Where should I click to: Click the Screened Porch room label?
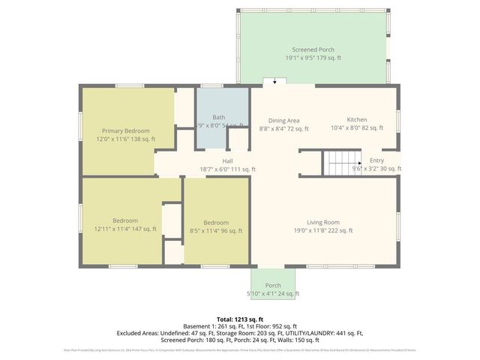[x=313, y=48]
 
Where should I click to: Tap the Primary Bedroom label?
[x=125, y=130]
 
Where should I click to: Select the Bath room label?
[x=218, y=117]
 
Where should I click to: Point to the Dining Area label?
[x=284, y=120]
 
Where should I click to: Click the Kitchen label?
[x=356, y=120]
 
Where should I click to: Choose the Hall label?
[x=226, y=161]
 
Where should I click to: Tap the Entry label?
[x=376, y=160]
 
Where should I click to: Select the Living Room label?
[x=323, y=222]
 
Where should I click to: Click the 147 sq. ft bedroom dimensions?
[x=125, y=229]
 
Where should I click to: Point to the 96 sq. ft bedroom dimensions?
[x=216, y=231]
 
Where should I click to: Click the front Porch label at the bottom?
[x=273, y=285]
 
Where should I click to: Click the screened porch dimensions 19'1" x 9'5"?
[x=313, y=57]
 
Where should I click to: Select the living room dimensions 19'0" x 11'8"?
[x=323, y=230]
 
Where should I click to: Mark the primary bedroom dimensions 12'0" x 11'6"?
[x=125, y=139]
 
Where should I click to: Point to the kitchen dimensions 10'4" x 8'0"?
[x=356, y=128]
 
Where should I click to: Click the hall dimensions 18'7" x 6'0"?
[x=226, y=169]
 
